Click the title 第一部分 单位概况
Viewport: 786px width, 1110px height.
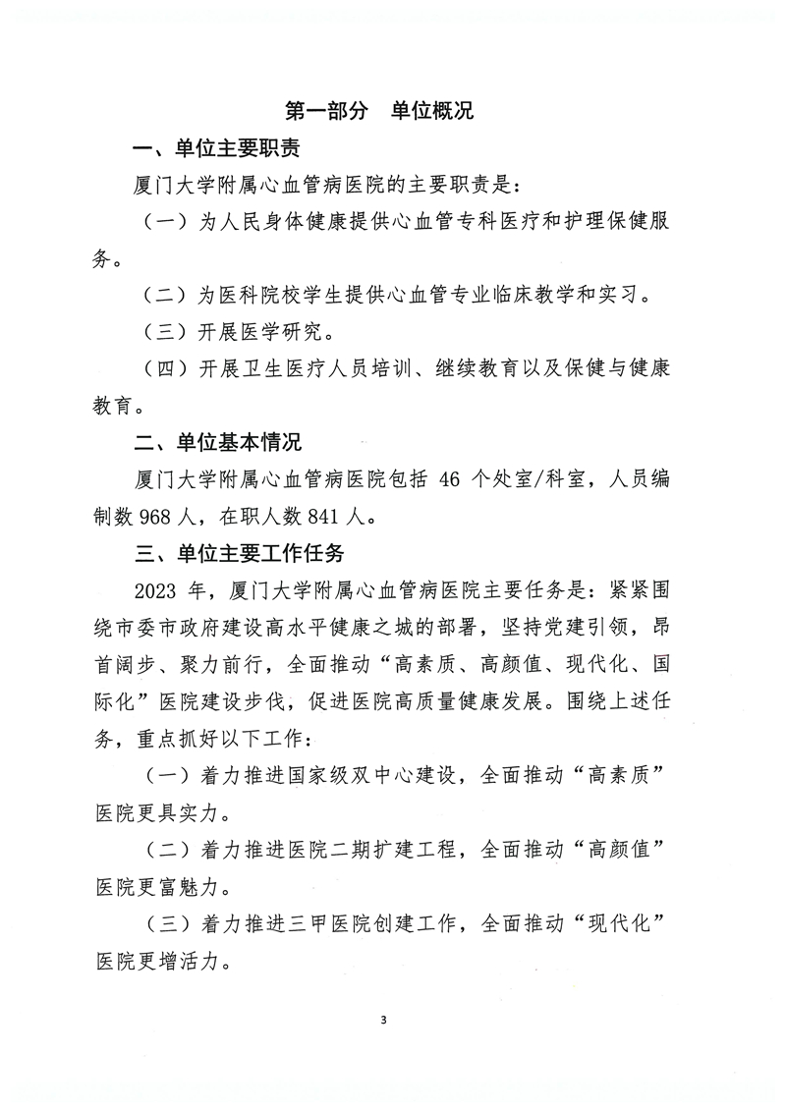coord(378,110)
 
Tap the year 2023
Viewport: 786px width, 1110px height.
coord(165,590)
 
